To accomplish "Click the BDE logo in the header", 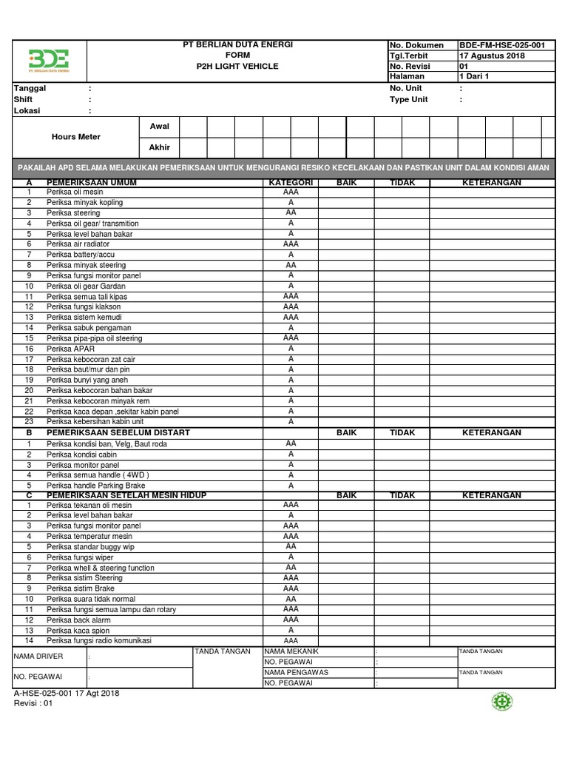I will (x=49, y=59).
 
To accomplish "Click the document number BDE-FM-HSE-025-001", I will (x=502, y=45).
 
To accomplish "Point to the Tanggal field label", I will (x=30, y=88).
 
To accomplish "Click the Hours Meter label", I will (x=76, y=137).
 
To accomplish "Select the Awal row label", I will (x=160, y=127).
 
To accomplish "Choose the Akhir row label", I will (x=160, y=147).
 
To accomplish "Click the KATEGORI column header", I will (x=291, y=182).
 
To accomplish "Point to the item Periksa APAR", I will (x=65, y=349).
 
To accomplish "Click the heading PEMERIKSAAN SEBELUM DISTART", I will (x=118, y=432).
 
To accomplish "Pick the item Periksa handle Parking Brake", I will (x=95, y=486).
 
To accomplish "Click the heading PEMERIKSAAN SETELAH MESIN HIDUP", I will (x=126, y=494).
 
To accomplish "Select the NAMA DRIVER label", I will (x=39, y=657).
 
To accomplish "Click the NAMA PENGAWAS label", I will (x=296, y=672).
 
